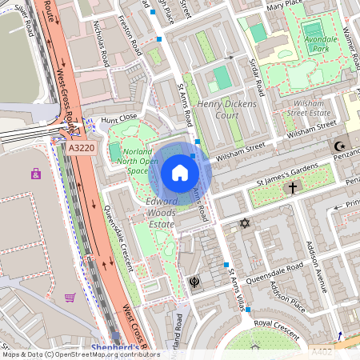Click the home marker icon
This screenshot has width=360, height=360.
tap(180, 173)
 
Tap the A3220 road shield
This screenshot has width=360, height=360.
tap(81, 148)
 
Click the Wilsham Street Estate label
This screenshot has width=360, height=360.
tap(298, 108)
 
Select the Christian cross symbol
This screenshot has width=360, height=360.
tap(293, 189)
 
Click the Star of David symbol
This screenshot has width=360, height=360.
tap(245, 225)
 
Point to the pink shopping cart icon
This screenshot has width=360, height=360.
tap(70, 298)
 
